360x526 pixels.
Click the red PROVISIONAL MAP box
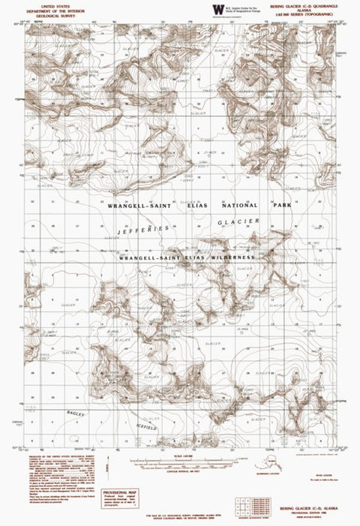pyautogui.click(x=121, y=497)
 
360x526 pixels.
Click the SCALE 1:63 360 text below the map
pyautogui.click(x=179, y=457)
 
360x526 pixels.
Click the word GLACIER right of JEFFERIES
pyautogui.click(x=238, y=223)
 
